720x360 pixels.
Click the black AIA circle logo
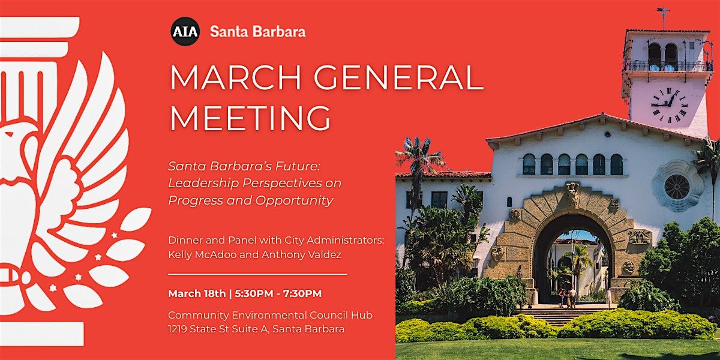click(x=185, y=31)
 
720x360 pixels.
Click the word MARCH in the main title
click(x=235, y=77)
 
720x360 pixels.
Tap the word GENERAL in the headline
click(x=398, y=77)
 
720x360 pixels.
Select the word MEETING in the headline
click(x=250, y=118)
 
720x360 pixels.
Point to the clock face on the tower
click(x=670, y=105)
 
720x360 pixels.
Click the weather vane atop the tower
click(x=664, y=17)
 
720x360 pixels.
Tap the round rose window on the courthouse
click(x=677, y=187)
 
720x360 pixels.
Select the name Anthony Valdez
click(x=301, y=254)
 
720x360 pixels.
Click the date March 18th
click(x=197, y=293)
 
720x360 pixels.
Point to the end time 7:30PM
click(x=302, y=293)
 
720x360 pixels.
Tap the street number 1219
click(x=178, y=329)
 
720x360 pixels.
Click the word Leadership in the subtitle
click(x=203, y=184)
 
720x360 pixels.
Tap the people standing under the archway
click(x=567, y=298)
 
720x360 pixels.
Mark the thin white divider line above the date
click(x=258, y=274)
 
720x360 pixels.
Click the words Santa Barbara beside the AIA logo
click(x=258, y=31)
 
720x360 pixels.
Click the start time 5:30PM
click(x=254, y=293)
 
